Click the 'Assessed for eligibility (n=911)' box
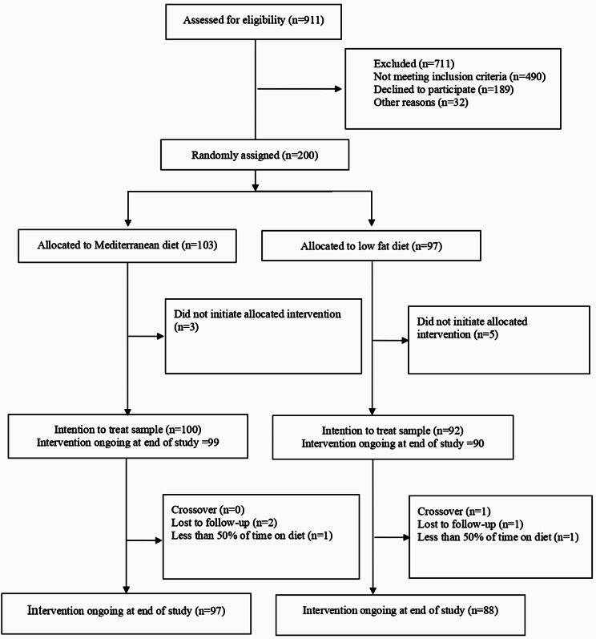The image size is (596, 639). (x=253, y=22)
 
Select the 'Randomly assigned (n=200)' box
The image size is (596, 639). (x=255, y=155)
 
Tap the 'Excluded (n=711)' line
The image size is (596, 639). (x=414, y=63)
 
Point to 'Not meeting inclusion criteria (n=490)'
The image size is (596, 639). (x=460, y=77)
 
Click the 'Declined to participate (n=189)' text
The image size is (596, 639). (x=444, y=90)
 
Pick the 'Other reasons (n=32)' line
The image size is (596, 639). (x=421, y=103)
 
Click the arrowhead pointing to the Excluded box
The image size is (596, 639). (x=338, y=89)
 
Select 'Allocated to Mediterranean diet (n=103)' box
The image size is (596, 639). (x=127, y=245)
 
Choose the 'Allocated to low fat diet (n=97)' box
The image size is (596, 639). (x=371, y=245)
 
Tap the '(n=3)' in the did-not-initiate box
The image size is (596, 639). (x=187, y=327)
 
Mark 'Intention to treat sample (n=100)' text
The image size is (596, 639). (x=128, y=430)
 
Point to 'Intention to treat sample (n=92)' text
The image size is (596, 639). (x=393, y=431)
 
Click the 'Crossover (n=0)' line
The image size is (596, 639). (x=208, y=510)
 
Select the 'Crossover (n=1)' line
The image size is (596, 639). (x=454, y=512)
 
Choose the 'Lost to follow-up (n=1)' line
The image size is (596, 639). (x=470, y=524)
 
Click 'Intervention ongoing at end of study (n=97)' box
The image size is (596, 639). (x=127, y=613)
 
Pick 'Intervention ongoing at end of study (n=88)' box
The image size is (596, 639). (x=401, y=615)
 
